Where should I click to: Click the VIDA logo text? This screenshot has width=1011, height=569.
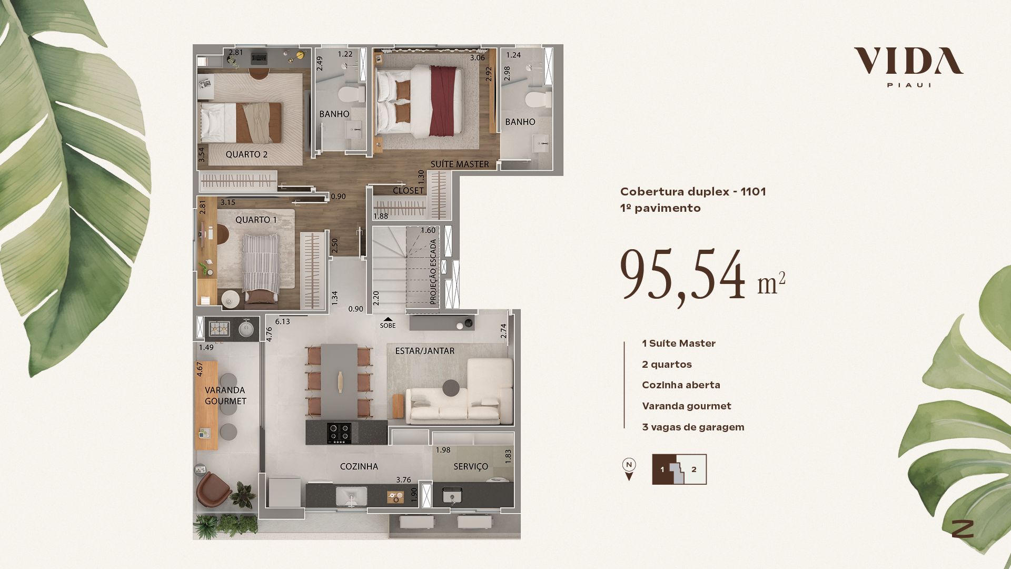[908, 61]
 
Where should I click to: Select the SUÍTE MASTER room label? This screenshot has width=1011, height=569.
[460, 164]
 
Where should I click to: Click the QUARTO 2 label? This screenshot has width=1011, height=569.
[246, 154]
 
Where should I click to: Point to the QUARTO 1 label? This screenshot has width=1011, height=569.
[256, 220]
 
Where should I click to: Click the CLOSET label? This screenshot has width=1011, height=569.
[408, 191]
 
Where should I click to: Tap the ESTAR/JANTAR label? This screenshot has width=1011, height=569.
[425, 351]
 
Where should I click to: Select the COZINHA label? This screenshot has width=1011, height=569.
[359, 466]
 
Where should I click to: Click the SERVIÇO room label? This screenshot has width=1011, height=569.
[471, 466]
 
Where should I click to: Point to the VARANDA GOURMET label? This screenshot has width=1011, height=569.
[225, 396]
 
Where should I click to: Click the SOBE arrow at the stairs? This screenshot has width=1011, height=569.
[388, 319]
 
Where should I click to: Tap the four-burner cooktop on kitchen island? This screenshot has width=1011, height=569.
[339, 433]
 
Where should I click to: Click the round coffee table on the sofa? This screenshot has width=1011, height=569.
[451, 388]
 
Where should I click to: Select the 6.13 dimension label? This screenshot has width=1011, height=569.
[282, 321]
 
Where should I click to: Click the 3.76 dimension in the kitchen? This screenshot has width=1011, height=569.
[403, 480]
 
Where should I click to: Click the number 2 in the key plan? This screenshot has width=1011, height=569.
[694, 469]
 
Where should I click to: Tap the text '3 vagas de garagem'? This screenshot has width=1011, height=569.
[693, 427]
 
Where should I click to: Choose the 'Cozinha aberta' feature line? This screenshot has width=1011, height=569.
[681, 385]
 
